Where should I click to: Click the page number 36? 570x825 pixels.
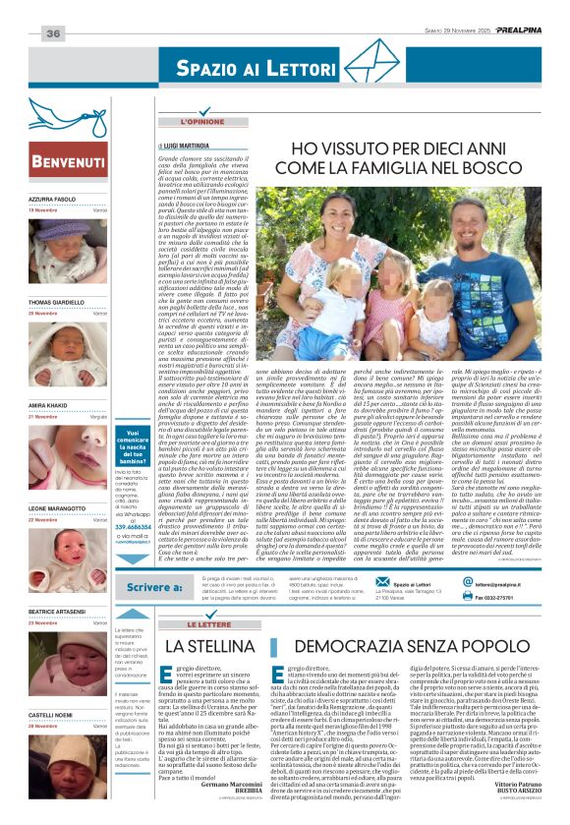coord(53,33)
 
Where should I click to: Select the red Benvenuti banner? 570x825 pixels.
coord(69,161)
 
